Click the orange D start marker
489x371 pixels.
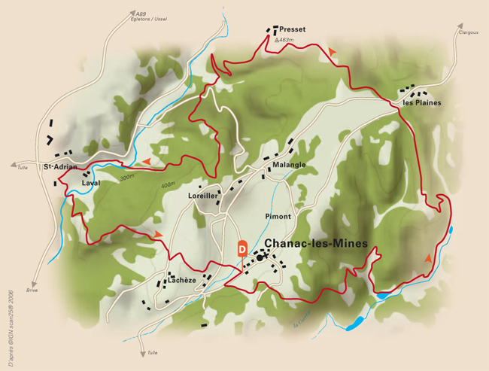tap(242, 248)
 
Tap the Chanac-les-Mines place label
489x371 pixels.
tap(316, 244)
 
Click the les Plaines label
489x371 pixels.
tap(421, 102)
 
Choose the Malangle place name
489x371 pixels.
tap(290, 165)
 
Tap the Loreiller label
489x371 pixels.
tap(202, 195)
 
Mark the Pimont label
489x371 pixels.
tap(278, 216)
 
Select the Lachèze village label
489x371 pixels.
tap(181, 280)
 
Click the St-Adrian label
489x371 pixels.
tap(60, 166)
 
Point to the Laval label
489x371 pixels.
tap(90, 182)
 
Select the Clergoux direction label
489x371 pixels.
tap(468, 32)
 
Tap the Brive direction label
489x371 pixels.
tap(32, 290)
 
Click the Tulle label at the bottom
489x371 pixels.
tap(153, 352)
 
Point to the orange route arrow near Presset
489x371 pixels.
tap(332, 50)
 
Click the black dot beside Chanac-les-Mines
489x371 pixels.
tap(260, 257)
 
